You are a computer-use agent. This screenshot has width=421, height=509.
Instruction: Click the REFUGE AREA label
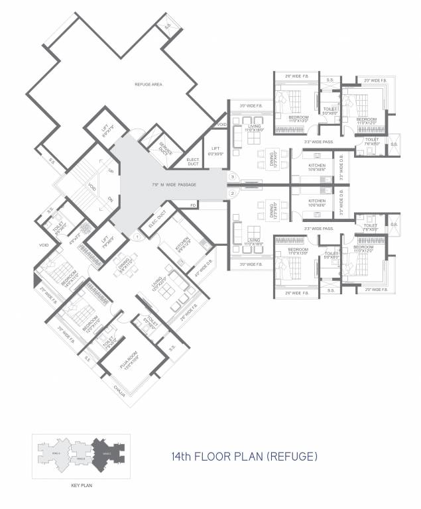point(149,85)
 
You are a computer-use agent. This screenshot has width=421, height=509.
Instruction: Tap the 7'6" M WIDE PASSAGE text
point(174,184)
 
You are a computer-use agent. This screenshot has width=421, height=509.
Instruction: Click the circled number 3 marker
point(233,177)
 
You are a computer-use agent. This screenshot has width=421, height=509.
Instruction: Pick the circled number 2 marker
point(233,193)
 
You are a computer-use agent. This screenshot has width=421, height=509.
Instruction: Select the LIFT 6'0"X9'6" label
point(215,151)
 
